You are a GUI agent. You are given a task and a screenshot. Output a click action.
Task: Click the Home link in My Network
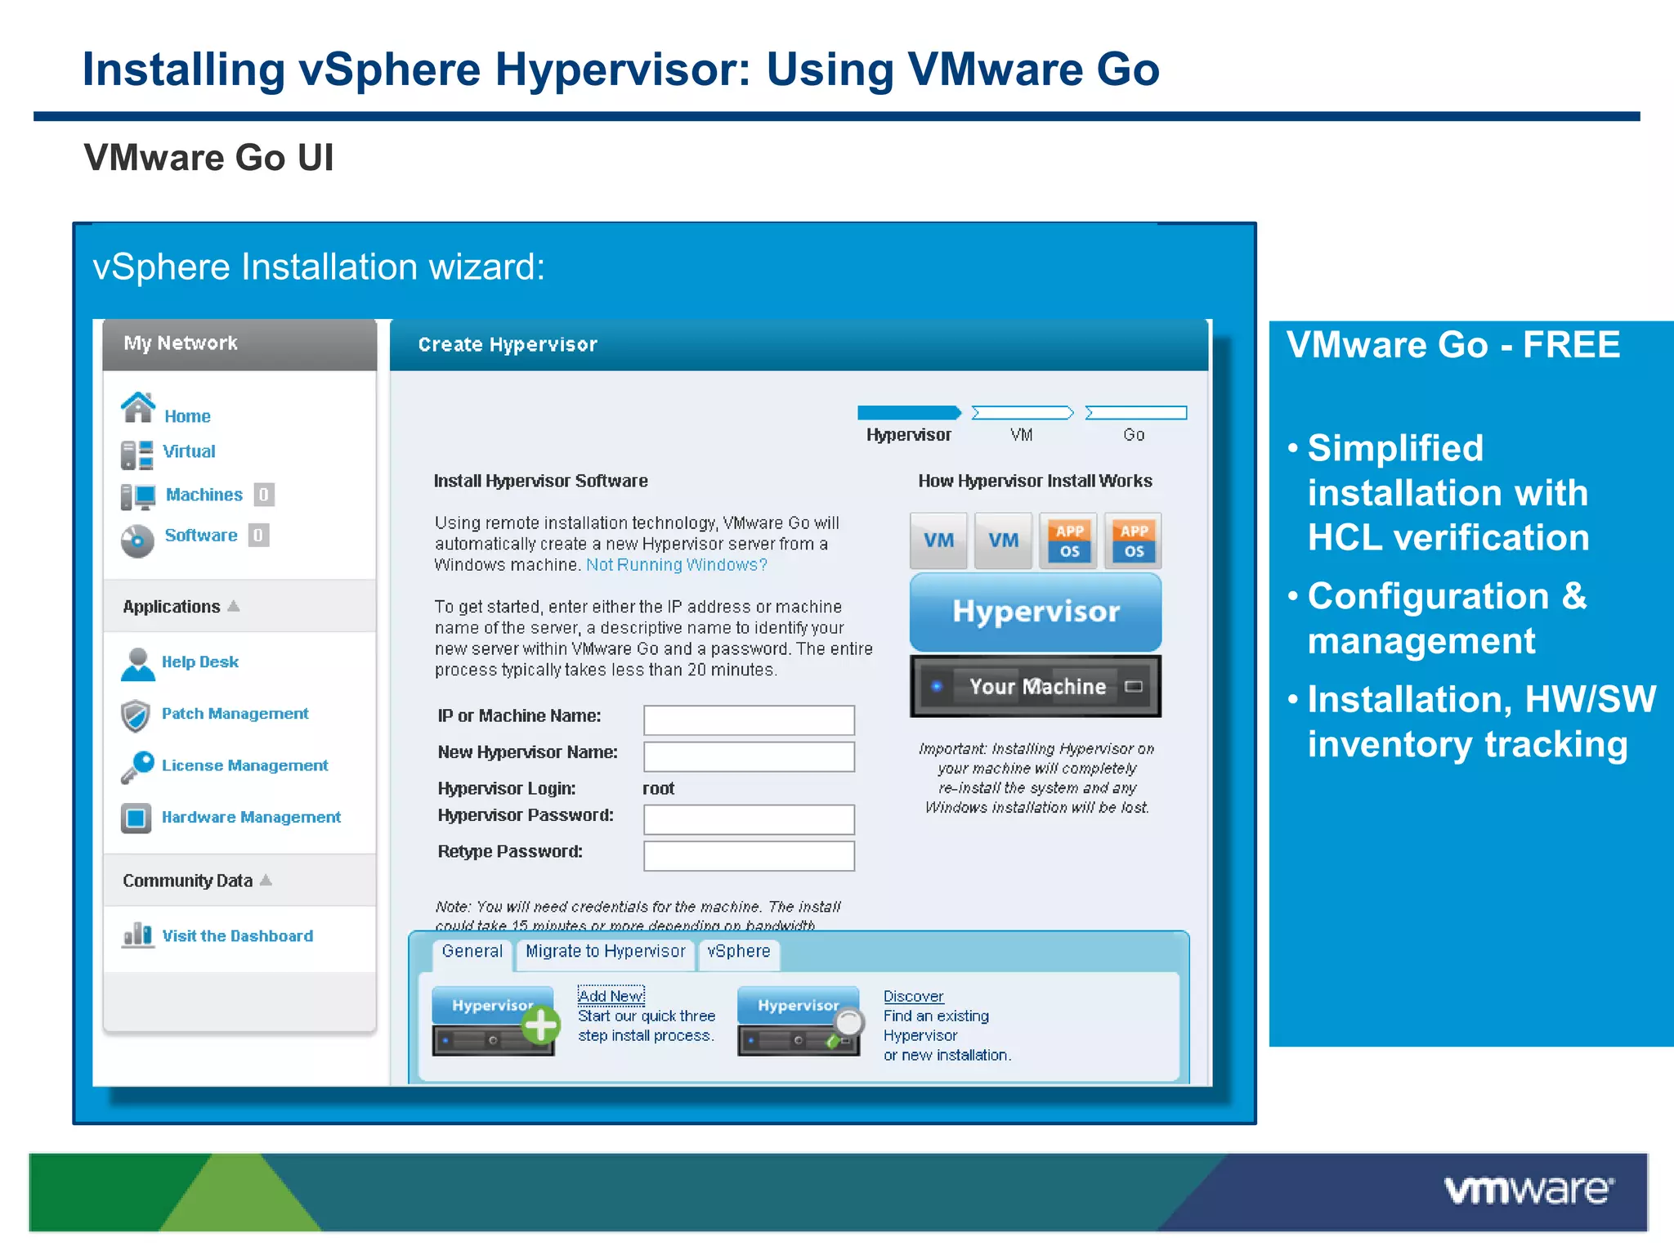[187, 416]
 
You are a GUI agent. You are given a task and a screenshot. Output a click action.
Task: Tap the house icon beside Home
[137, 407]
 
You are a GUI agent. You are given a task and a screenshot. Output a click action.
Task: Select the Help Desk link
[199, 662]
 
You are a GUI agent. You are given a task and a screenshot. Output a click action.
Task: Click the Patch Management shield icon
[136, 715]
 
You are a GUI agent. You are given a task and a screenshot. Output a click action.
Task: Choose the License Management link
[244, 765]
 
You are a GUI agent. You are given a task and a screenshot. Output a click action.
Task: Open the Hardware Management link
[251, 817]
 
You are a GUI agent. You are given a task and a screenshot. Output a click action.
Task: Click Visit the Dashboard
[237, 935]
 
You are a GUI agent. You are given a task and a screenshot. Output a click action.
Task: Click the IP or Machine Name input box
[749, 720]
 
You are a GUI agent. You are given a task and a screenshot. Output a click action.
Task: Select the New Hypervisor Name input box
[749, 756]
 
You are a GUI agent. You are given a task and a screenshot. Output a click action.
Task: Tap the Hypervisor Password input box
[749, 819]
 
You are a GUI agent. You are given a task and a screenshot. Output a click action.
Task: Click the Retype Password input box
[749, 855]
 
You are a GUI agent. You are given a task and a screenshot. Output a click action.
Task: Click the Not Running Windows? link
[676, 565]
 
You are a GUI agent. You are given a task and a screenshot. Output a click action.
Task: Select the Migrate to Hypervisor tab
[605, 952]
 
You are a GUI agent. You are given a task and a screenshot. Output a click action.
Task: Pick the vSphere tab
[738, 952]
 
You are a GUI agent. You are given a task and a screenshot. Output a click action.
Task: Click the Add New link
[611, 996]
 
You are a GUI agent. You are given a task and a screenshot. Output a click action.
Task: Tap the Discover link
[913, 997]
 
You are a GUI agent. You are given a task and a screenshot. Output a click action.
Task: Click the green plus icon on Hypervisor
[540, 1025]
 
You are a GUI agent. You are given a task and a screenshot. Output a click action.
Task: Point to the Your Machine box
[1036, 687]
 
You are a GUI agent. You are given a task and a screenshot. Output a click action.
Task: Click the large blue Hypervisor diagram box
[1036, 612]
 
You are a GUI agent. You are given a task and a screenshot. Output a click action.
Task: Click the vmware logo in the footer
[1528, 1191]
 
